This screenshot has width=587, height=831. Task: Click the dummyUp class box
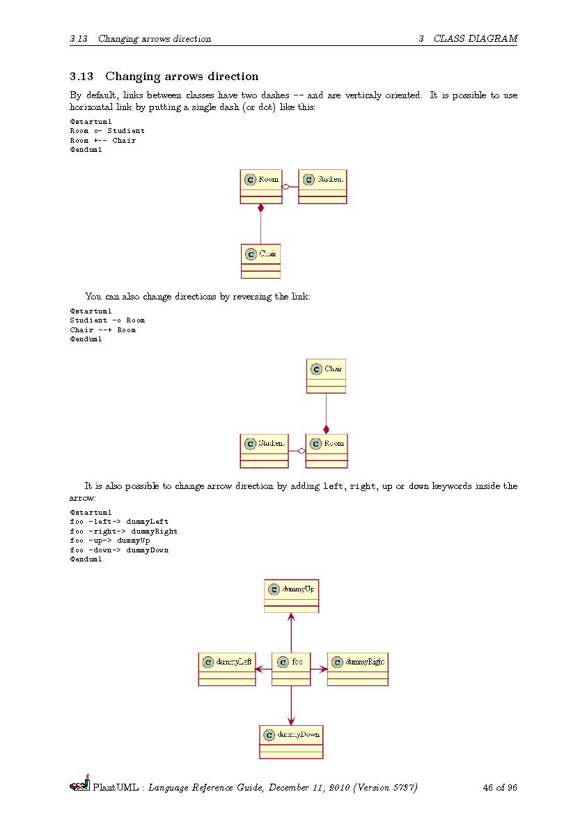coord(291,596)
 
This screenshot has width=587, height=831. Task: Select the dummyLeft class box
coord(227,669)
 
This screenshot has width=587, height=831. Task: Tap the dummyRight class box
coord(357,669)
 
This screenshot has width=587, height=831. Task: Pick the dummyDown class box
coord(291,742)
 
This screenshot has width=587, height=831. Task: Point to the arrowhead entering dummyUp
coord(291,617)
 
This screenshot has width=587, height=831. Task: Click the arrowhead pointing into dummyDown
coord(291,721)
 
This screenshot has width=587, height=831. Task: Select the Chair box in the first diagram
coord(260,261)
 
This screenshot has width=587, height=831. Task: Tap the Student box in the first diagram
coord(322,187)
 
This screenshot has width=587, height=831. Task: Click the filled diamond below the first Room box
coord(260,208)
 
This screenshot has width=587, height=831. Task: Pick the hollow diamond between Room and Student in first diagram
coord(285,187)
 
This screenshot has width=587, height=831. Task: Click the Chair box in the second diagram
coord(326,376)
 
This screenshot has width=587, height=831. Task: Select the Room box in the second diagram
coord(326,451)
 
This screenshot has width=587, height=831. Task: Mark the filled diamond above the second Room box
coord(326,430)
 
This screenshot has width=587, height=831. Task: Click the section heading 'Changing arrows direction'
coord(182,77)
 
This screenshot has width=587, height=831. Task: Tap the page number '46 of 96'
coord(499,788)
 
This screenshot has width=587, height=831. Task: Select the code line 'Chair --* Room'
coord(103,329)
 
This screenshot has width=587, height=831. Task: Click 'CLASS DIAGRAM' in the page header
coord(476,39)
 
